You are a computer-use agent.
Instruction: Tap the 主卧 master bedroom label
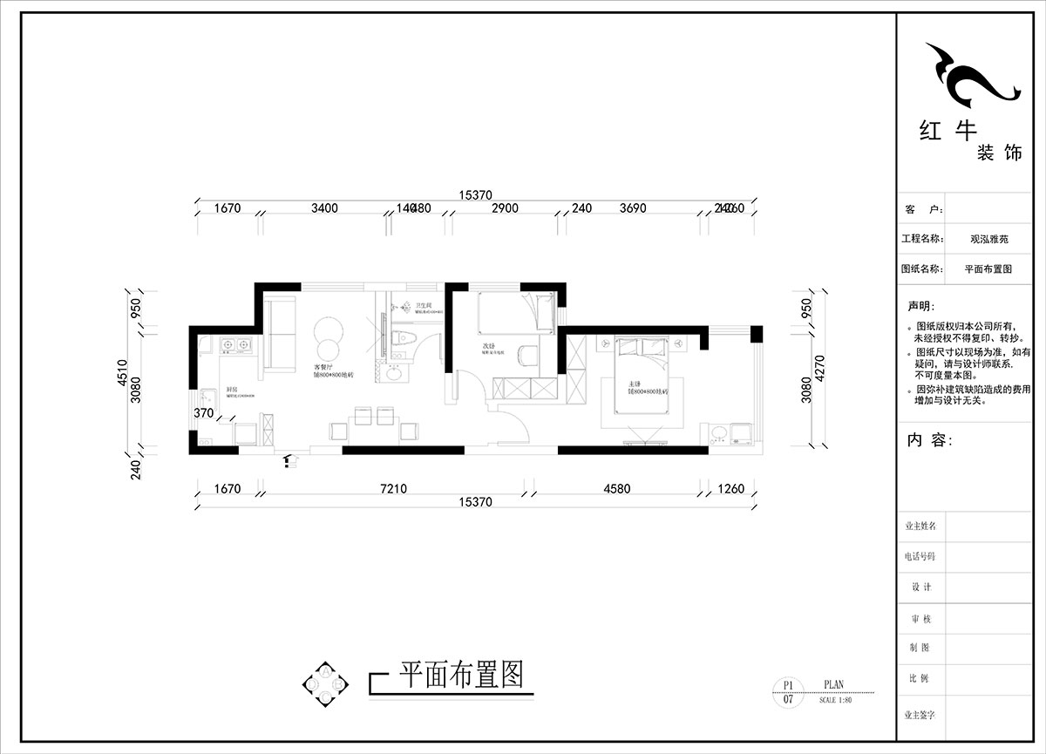tap(634, 384)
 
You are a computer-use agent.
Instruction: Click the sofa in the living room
tap(279, 332)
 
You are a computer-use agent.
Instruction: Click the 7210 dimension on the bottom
tap(395, 489)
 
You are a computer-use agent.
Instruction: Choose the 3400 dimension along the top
tap(324, 208)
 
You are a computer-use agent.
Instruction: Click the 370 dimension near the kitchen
tap(204, 413)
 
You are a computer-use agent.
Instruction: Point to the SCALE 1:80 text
tap(836, 700)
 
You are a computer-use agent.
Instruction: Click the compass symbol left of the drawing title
tap(326, 684)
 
